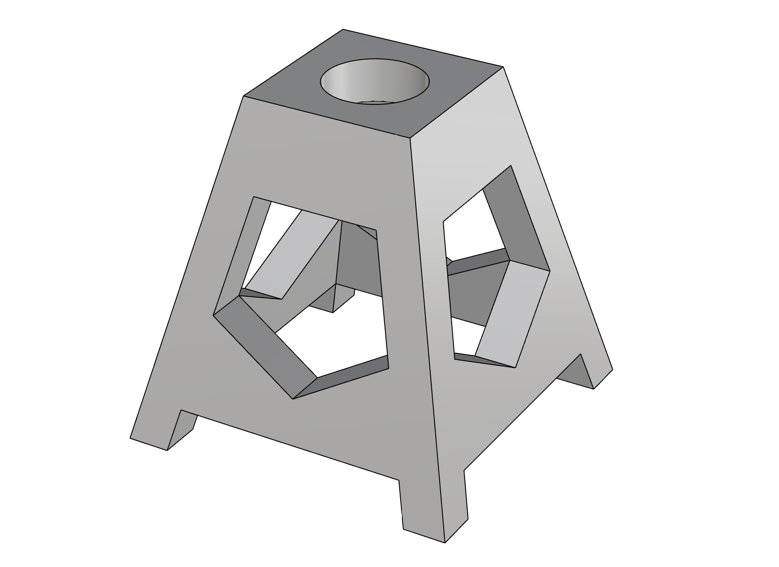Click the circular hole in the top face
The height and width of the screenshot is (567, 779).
pos(375,82)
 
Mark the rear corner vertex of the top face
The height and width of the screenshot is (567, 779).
pos(342,29)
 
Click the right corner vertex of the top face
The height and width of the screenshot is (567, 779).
pos(503,67)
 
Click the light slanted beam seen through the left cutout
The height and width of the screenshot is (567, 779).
pos(293,258)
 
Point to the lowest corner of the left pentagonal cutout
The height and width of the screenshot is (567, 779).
pos(293,399)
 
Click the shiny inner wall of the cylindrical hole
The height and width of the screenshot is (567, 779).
pos(355,84)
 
